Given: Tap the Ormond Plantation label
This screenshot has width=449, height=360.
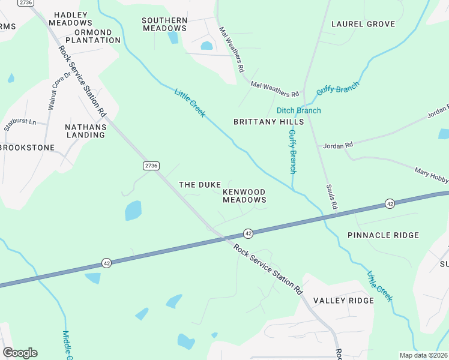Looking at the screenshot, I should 93,36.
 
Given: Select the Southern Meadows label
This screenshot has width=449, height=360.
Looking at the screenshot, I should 164,24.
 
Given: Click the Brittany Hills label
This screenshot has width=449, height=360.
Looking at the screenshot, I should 268,122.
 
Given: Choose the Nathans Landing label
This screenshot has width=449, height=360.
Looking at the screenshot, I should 86,131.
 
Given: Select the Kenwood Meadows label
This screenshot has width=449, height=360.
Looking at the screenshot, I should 244,196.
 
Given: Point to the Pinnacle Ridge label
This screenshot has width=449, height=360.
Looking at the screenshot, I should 383,235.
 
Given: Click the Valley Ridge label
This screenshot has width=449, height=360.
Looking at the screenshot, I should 343,301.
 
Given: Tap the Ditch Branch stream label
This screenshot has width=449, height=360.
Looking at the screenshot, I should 298,110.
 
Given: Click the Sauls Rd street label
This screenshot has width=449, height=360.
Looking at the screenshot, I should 331,196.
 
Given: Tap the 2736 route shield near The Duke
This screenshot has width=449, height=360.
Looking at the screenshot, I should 151,166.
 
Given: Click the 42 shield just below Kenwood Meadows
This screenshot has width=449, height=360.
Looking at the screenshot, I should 247,233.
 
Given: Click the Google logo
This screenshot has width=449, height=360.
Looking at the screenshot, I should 20,353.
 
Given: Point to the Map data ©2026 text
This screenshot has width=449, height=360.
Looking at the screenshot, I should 423,355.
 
